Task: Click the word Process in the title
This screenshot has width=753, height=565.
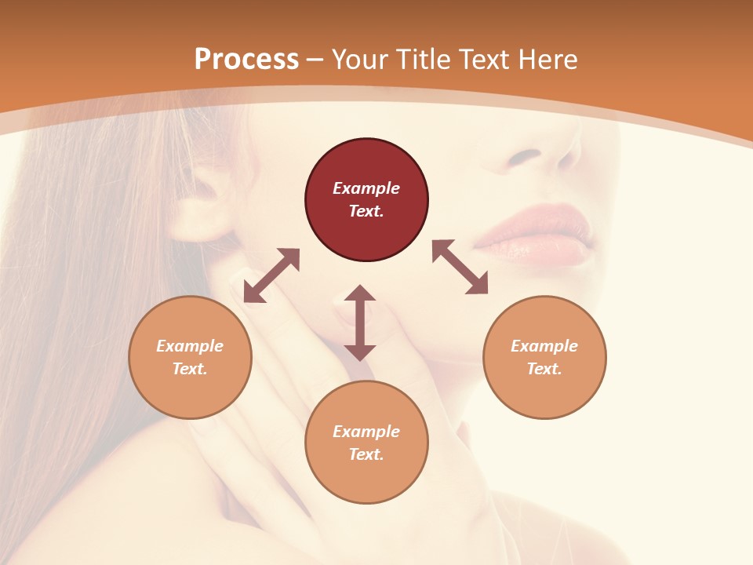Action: tap(246, 60)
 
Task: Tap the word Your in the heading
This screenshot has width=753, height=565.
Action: tap(361, 60)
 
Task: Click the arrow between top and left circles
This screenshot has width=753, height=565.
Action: tap(271, 275)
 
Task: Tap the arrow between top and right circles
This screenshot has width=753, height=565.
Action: tap(460, 267)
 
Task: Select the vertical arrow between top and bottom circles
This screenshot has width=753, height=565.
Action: tap(360, 323)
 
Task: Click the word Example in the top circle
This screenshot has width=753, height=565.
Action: tap(366, 188)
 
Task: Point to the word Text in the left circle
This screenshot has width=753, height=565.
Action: tap(190, 369)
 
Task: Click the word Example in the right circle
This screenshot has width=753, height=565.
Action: tap(544, 346)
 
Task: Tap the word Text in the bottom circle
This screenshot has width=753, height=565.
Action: tap(366, 454)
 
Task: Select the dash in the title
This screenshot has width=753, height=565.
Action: tap(315, 60)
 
